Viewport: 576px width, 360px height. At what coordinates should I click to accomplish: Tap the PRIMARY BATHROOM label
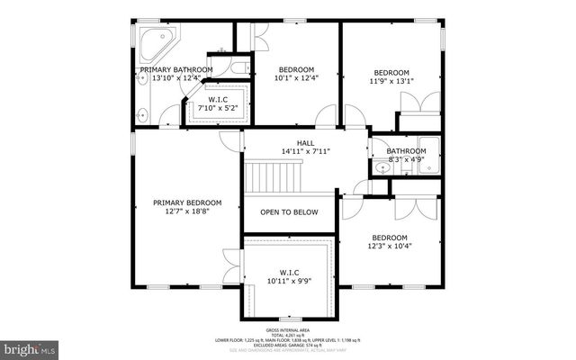click(x=175, y=69)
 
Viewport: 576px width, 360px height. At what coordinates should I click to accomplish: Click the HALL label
click(x=306, y=142)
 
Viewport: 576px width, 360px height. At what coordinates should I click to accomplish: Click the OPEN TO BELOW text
click(x=288, y=212)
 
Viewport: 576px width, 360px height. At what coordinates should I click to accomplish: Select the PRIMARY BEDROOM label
click(x=186, y=202)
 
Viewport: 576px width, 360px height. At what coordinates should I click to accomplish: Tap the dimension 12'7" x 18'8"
click(x=186, y=212)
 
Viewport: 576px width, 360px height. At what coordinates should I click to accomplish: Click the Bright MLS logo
click(x=29, y=346)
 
